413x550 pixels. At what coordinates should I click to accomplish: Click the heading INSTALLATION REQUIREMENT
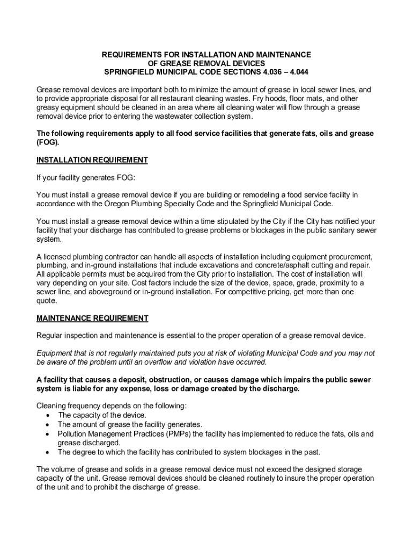pyautogui.click(x=92, y=160)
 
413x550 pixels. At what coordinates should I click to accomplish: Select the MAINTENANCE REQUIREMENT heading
pyautogui.click(x=92, y=319)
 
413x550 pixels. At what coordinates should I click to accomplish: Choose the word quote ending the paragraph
pyautogui.click(x=46, y=301)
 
